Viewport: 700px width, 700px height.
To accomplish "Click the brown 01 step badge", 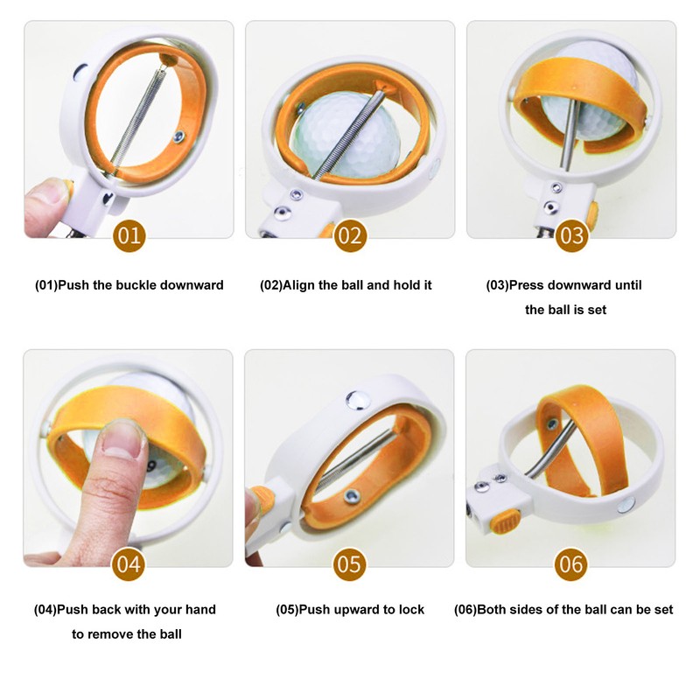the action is point(129,235).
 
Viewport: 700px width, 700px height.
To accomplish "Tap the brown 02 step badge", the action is point(351,235).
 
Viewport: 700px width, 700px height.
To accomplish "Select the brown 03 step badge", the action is point(572,235).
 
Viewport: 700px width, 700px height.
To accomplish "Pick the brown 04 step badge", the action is point(129,564).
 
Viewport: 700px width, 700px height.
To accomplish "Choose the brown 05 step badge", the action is point(349,564).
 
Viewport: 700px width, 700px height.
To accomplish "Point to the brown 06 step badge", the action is point(571,564).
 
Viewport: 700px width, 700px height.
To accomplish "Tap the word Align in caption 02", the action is point(299,286).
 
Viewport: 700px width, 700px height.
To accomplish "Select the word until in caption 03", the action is point(628,285).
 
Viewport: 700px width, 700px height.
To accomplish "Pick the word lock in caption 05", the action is point(411,609).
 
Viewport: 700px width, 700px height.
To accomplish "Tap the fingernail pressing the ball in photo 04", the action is point(122,439).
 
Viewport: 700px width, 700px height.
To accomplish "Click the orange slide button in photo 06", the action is point(505,521).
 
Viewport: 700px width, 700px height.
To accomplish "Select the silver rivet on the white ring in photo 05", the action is point(357,400).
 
